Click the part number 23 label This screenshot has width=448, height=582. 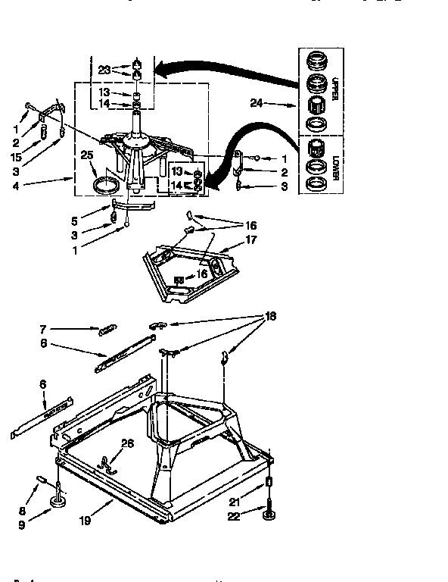[x=104, y=69]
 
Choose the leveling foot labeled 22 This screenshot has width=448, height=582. [x=269, y=517]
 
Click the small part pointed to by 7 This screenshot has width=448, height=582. [x=107, y=330]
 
